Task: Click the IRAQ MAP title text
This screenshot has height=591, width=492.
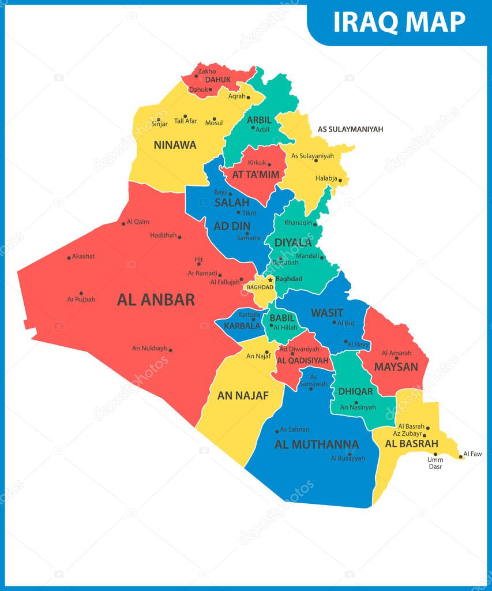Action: point(399,22)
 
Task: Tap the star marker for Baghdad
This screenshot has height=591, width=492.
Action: point(270,279)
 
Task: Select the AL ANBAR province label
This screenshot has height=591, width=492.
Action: point(156,300)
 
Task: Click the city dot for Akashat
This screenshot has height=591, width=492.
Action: point(69,257)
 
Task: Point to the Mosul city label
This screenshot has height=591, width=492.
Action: point(213,122)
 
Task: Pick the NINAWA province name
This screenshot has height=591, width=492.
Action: point(175,145)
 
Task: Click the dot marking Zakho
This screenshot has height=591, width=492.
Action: point(196,76)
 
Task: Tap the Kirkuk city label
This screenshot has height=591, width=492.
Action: point(257,163)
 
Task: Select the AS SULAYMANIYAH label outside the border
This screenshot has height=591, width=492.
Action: point(350,129)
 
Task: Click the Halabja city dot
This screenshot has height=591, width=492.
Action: point(340,181)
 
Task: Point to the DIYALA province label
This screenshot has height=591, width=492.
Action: point(292,242)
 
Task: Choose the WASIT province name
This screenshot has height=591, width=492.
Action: point(327,313)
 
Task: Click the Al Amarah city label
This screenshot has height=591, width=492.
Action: point(396,353)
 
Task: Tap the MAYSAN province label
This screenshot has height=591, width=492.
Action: point(396,366)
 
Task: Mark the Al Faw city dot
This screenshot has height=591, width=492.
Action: point(460,457)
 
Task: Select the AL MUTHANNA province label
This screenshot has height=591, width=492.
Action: point(317,444)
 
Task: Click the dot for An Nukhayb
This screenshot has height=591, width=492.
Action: point(170,350)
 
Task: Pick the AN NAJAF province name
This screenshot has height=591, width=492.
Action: point(243,395)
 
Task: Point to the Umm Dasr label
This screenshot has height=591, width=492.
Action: point(435,463)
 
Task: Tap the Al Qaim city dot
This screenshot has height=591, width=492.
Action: point(123,223)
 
